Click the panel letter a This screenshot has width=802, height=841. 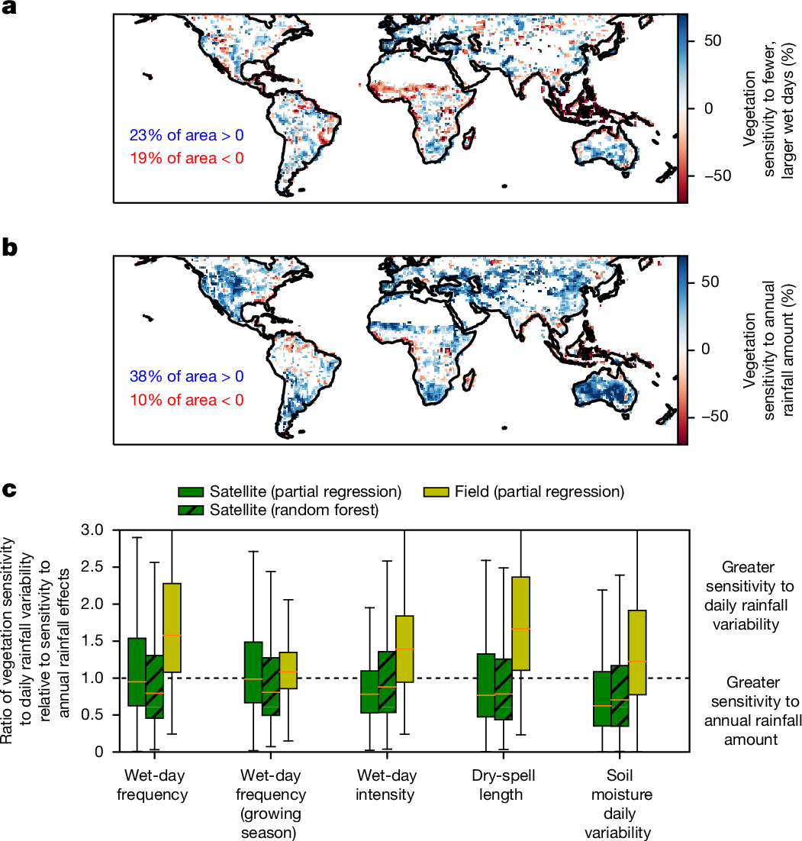point(9,8)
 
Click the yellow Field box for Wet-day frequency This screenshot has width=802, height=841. point(172,627)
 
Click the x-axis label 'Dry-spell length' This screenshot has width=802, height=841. point(501,786)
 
